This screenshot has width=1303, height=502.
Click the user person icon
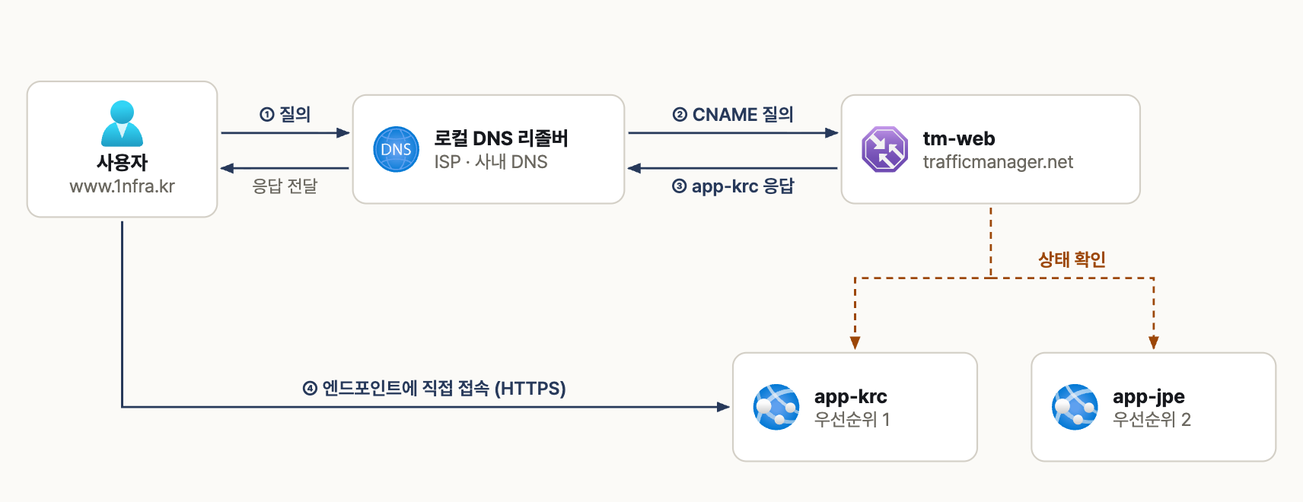(x=122, y=123)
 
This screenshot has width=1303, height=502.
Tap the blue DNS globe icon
(x=396, y=149)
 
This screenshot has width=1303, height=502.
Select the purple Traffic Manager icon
(x=884, y=149)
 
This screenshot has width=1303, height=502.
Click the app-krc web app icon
(x=776, y=407)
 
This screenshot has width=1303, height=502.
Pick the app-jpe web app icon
(x=1075, y=407)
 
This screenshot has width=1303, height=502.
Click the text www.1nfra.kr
(x=122, y=186)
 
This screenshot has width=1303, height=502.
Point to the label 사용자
(x=122, y=162)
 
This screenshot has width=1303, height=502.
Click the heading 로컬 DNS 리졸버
(x=501, y=138)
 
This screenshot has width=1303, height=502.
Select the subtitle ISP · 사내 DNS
(x=491, y=161)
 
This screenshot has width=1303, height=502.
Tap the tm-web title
(x=959, y=138)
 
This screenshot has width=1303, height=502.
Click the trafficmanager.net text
(x=998, y=161)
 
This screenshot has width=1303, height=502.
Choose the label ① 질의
(x=285, y=114)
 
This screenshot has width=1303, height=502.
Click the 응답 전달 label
(x=285, y=186)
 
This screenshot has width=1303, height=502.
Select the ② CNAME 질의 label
(x=733, y=114)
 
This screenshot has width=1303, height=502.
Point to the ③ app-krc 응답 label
(x=733, y=186)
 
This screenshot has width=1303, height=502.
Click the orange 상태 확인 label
(x=1072, y=259)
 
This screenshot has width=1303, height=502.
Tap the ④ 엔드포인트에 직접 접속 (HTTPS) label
(x=434, y=388)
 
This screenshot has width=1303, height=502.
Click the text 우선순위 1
(x=852, y=420)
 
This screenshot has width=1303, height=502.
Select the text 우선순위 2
(x=1152, y=420)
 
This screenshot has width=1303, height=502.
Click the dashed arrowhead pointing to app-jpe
(x=1154, y=342)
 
